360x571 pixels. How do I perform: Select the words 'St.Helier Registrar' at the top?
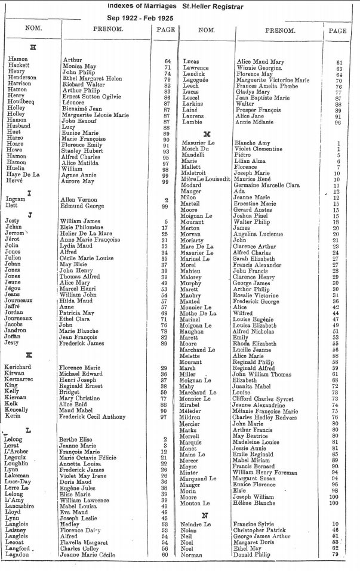[214, 6]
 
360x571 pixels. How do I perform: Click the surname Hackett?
[19, 66]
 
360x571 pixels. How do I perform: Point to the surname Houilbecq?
[21, 101]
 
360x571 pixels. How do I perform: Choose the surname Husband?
[19, 125]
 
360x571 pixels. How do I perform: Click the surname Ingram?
[16, 200]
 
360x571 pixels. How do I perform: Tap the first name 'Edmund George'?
[81, 206]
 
